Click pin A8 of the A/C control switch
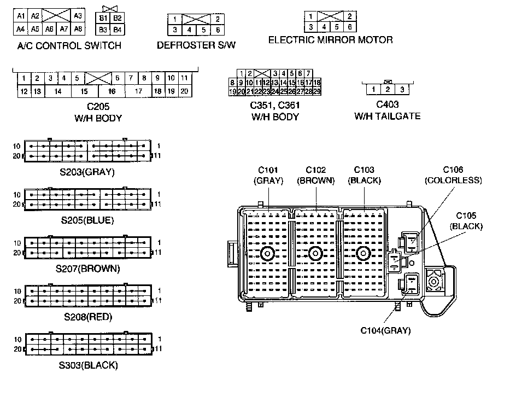click(78, 29)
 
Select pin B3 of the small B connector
click(103, 29)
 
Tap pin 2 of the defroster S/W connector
click(218, 19)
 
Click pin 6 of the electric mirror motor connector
click(350, 27)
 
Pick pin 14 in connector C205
click(57, 91)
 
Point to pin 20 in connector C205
click(184, 91)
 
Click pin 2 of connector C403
click(388, 89)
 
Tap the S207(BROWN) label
click(88, 269)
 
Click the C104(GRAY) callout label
click(385, 330)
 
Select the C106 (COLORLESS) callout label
click(453, 175)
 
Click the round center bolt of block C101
click(268, 253)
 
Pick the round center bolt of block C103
click(362, 253)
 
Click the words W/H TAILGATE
click(388, 116)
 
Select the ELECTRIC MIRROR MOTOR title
click(330, 40)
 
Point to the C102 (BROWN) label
click(316, 175)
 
